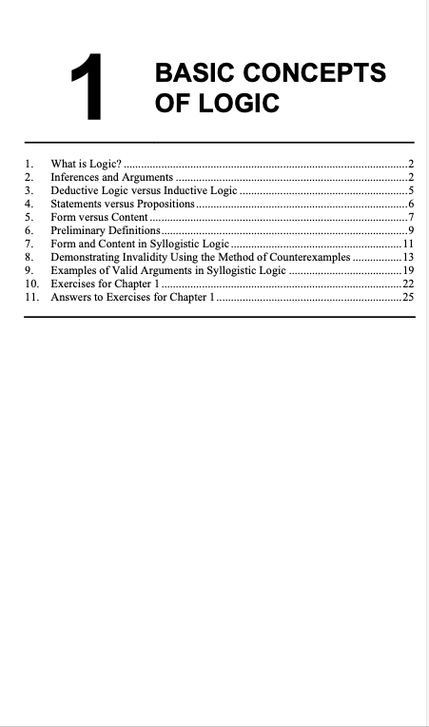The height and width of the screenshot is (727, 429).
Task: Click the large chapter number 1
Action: tap(90, 88)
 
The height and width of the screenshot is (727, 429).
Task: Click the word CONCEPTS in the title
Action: tap(311, 73)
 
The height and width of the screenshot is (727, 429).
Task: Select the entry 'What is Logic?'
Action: tap(86, 165)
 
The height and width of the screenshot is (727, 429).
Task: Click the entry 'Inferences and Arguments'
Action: tap(111, 178)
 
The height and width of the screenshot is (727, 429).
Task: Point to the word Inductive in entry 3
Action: tap(181, 191)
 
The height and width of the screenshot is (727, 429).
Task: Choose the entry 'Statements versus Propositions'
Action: tap(123, 205)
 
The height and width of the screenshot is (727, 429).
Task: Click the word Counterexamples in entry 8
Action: tap(307, 258)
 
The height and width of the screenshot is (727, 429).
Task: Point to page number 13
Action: tap(407, 258)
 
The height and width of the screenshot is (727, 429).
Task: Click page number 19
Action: tap(407, 271)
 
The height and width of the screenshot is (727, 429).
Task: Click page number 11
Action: tap(407, 245)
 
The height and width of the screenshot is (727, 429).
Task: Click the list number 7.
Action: tap(29, 245)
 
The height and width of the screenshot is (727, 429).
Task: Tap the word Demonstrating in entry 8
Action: tap(88, 258)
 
